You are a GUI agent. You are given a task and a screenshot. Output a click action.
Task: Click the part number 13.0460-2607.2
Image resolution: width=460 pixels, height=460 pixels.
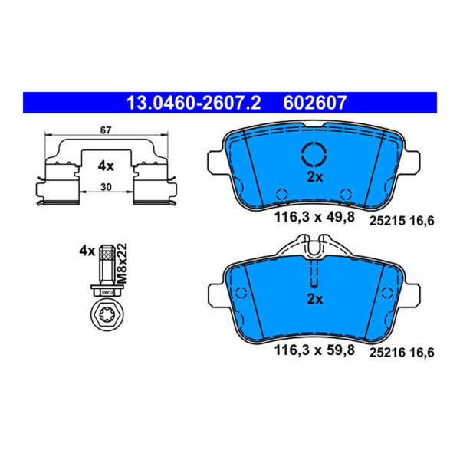point(193,103)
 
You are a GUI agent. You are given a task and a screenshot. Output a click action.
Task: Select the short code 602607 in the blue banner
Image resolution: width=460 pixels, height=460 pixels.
point(315,103)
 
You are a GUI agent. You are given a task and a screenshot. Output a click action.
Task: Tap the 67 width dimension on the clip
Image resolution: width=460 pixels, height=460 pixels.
point(106,130)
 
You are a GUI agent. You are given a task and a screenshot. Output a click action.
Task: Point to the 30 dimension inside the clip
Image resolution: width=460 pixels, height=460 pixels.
point(106,187)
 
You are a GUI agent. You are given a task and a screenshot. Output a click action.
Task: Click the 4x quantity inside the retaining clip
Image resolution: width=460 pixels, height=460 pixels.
point(106,166)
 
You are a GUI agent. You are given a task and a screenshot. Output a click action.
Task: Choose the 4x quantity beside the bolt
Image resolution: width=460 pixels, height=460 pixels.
point(87,251)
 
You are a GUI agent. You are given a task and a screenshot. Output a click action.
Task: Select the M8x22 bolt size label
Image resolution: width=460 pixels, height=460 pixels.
point(122,264)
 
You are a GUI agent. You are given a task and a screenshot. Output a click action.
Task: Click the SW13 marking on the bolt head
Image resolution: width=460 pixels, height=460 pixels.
point(107,292)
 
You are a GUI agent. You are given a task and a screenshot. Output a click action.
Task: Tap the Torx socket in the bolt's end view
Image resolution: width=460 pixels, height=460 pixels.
point(107,315)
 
